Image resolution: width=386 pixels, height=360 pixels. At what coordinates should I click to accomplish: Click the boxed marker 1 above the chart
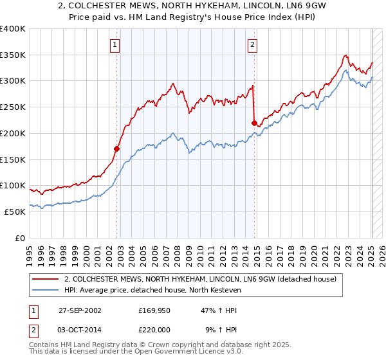coord(114,45)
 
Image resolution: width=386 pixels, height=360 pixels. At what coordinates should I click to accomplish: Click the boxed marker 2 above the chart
coord(252,45)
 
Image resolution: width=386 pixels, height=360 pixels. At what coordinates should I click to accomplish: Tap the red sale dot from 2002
coord(117,148)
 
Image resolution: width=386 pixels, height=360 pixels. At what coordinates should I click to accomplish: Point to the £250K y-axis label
coord(13,107)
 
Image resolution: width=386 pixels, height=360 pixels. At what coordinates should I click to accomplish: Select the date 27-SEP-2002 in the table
coord(79,310)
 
